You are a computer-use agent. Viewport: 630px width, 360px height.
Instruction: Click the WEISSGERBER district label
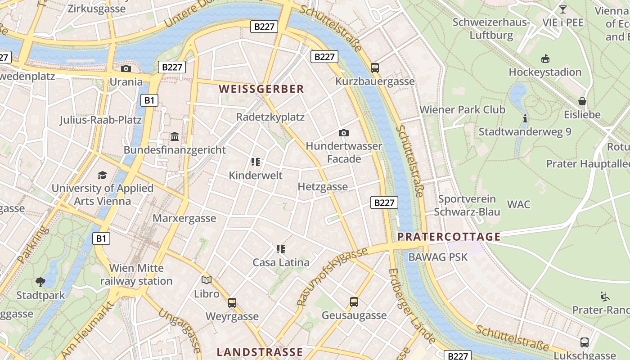[x=261, y=89]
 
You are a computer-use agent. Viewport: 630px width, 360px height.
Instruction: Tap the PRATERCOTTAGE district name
[x=449, y=237]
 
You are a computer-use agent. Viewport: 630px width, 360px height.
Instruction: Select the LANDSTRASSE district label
[x=260, y=352]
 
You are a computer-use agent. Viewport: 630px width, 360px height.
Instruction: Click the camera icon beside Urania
[x=126, y=68]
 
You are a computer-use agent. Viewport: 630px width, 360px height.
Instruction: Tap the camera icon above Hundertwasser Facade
[x=344, y=133]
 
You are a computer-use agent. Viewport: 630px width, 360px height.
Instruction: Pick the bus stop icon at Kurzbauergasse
[x=375, y=68]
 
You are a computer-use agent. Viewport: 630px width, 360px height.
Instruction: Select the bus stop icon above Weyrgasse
[x=232, y=302]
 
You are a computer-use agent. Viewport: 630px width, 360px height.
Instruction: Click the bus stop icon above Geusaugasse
[x=354, y=301]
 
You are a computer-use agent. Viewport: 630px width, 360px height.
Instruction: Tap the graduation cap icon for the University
[x=103, y=175]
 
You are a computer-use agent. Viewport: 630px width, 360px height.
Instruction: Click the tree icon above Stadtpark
[x=40, y=282]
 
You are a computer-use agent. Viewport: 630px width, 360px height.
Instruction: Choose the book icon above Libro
[x=207, y=280]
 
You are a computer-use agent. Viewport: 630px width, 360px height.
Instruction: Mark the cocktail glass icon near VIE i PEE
[x=562, y=9]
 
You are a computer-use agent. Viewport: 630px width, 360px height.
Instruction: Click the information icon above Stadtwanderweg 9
[x=525, y=118]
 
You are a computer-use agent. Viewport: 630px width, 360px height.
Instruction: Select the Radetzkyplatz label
[x=270, y=117]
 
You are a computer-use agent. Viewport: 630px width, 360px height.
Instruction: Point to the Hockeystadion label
[x=545, y=72]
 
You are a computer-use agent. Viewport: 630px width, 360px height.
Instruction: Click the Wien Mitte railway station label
[x=136, y=274]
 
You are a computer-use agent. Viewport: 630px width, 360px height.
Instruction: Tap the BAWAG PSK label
[x=438, y=257]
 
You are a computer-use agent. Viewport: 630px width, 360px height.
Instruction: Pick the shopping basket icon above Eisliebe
[x=582, y=101]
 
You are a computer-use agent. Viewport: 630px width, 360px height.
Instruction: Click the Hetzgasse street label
[x=323, y=187]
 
